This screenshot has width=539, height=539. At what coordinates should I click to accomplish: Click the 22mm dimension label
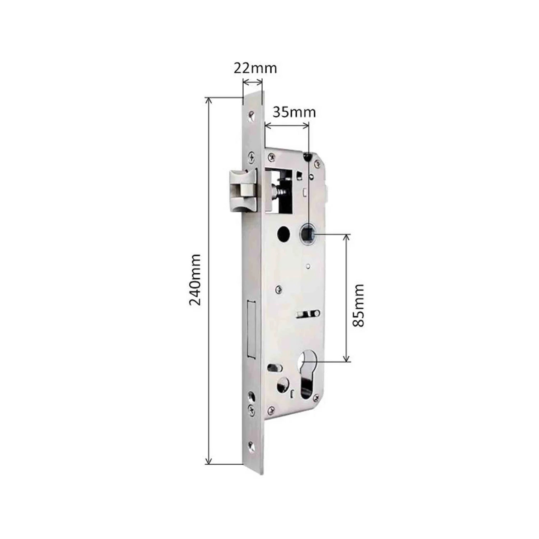(255, 68)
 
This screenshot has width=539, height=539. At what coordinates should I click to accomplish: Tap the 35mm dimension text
(294, 112)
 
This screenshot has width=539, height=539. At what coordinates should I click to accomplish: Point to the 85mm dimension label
(358, 305)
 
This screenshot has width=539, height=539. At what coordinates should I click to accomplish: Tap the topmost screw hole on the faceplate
(250, 115)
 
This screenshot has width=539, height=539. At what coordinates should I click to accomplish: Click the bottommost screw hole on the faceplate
(251, 446)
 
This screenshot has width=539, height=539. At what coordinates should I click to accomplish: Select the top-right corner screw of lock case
(317, 163)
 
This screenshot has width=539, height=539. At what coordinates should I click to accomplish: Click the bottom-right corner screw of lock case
(316, 397)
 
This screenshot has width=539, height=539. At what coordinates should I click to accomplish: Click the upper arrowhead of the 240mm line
(208, 100)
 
